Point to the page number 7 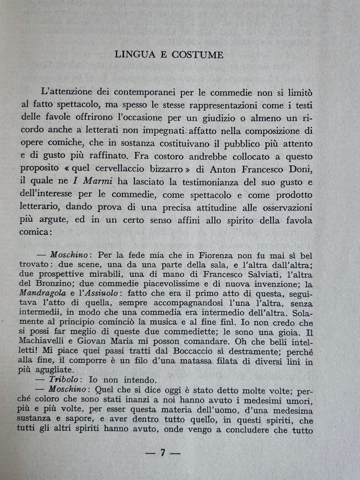pos(163,453)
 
